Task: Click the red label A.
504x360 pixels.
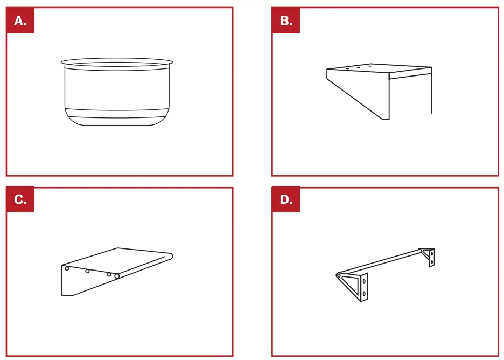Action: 20,20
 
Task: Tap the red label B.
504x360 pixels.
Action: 286,20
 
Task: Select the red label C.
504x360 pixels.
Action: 20,199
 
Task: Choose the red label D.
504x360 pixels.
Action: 286,199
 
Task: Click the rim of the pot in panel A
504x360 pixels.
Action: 117,61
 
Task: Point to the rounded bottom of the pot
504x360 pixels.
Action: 117,122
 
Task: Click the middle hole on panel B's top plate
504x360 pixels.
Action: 359,68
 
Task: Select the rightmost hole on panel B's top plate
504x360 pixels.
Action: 370,66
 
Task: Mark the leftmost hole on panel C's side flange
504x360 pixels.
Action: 67,268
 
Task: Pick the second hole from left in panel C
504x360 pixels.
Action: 87,271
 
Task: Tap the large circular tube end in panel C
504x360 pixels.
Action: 117,276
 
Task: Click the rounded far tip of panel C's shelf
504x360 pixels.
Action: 171,255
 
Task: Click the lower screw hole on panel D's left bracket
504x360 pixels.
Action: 365,294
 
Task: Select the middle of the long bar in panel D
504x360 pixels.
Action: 380,262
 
